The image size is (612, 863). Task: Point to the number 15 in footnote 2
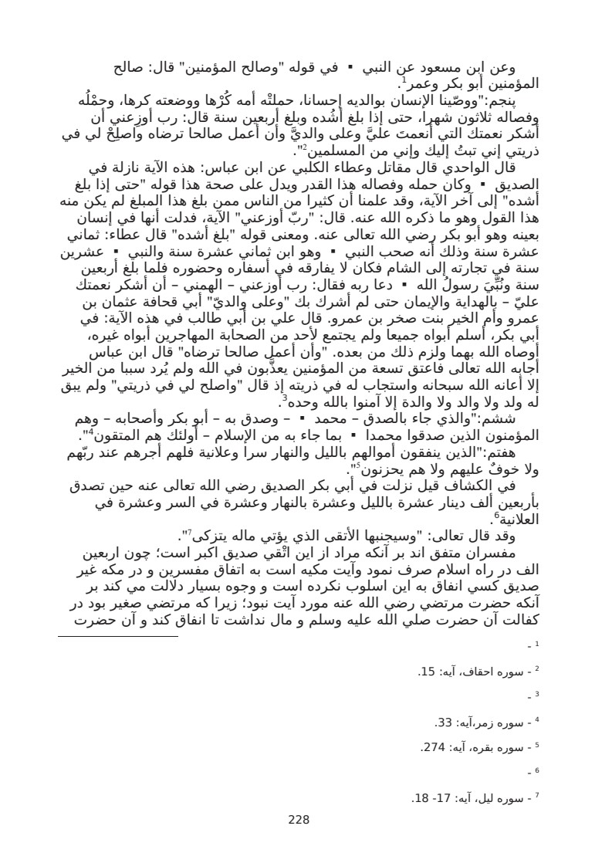click(x=427, y=672)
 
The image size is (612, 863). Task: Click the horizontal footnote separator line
click(x=118, y=636)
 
